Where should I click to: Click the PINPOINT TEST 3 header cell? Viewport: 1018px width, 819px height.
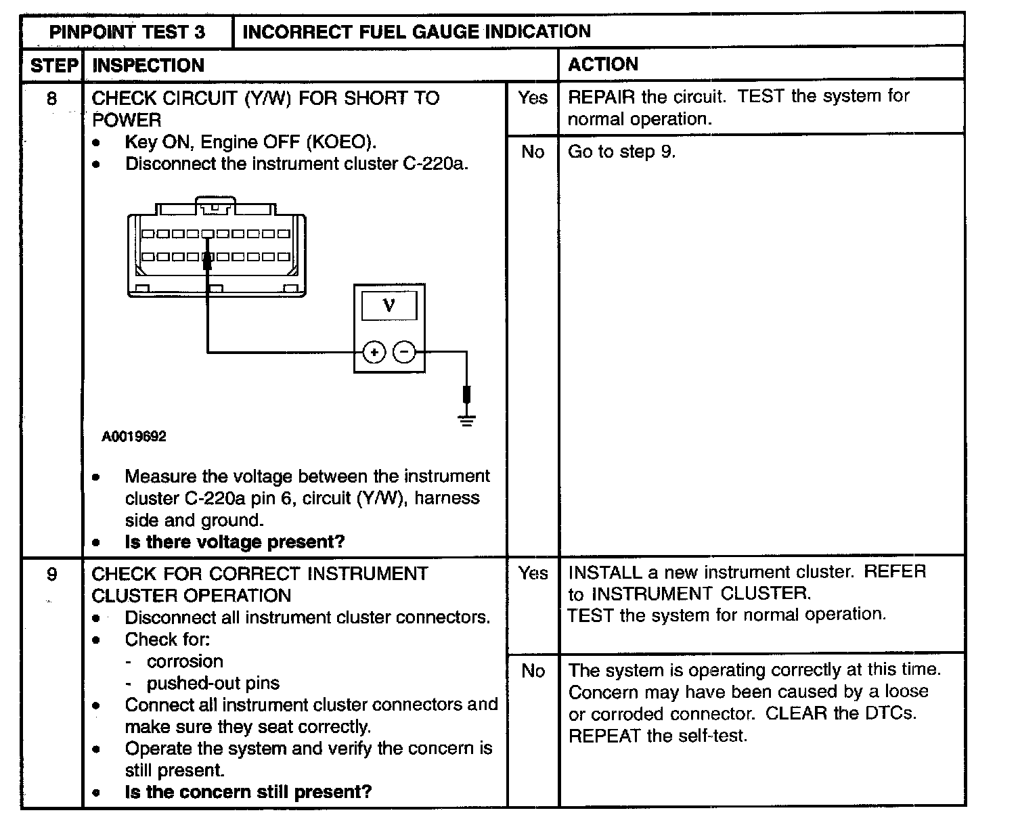pos(127,32)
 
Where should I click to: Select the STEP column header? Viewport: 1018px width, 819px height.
pos(53,65)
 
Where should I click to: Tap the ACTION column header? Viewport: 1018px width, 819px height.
pos(602,64)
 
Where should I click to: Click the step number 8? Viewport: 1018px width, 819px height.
pos(52,99)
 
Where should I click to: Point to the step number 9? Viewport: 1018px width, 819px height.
pos(52,575)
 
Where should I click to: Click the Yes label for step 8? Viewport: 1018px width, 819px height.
pos(532,98)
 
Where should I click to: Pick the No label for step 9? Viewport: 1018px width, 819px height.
pos(533,671)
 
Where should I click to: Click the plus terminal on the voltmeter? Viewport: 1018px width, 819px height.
pos(374,352)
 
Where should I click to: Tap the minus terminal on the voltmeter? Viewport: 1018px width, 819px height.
pos(404,352)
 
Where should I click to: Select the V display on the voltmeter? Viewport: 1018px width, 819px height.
pos(389,306)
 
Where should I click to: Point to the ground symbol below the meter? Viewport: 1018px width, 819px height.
pos(466,420)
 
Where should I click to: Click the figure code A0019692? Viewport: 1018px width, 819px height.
pos(134,437)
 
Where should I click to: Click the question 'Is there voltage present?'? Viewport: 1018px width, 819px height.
pos(234,542)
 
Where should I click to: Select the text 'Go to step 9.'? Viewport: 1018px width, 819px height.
pos(621,152)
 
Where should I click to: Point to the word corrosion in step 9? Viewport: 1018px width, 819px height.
pos(184,661)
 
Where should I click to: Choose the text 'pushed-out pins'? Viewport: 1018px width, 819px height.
pos(213,683)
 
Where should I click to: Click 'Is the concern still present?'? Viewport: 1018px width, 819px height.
pos(248,792)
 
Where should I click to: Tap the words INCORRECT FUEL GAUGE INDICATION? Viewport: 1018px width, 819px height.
pos(416,32)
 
